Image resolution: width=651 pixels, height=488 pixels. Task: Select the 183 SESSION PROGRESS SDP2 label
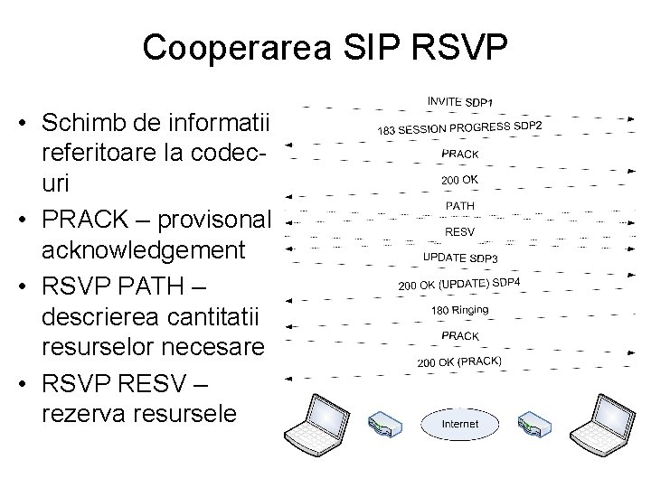point(459,127)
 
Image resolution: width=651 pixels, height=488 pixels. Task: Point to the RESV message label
point(459,232)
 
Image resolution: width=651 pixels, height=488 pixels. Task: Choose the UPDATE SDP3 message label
point(460,258)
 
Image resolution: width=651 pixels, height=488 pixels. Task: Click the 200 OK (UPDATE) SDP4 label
point(459,285)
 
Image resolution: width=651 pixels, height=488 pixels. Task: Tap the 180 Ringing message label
point(459,310)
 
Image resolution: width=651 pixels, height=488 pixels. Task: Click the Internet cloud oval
point(459,423)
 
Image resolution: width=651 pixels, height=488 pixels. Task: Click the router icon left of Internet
point(384,424)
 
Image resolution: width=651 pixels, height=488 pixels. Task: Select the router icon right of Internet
point(534,424)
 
